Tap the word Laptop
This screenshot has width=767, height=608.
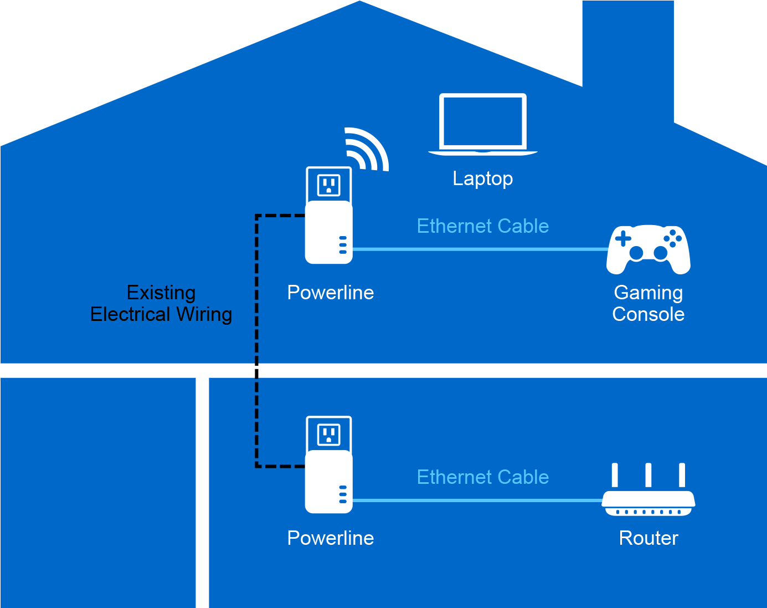coord(482,178)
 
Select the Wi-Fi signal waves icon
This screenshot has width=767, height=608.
coord(366,149)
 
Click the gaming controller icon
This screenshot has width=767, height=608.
coord(648,249)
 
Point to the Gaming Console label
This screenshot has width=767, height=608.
coord(648,303)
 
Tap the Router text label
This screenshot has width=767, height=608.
coord(648,538)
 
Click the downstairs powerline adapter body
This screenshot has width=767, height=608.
coord(328,482)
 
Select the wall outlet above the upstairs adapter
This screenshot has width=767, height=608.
coord(328,185)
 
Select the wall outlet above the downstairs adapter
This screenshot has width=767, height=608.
coord(328,435)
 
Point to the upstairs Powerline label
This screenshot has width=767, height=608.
coord(331,293)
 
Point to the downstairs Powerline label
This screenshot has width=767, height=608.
coord(331,538)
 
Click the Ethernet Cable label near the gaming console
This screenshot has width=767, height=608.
coord(483,226)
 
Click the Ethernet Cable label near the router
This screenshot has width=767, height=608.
coord(483,477)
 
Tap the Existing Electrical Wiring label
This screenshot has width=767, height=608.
coord(161,303)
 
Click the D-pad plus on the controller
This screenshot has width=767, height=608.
coord(624,239)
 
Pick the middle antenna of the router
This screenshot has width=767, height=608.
coord(648,476)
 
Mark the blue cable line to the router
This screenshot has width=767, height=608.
coord(476,500)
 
